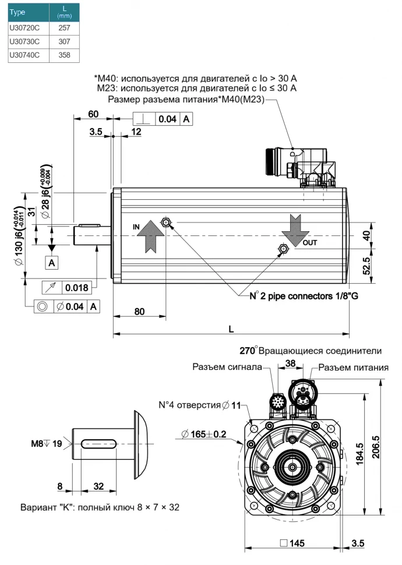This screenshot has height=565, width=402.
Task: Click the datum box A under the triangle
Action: coord(52,263)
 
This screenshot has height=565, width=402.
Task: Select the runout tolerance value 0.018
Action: coord(77,288)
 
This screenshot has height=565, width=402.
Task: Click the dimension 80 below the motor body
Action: coord(139,311)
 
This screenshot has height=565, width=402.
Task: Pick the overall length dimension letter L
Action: coord(231,329)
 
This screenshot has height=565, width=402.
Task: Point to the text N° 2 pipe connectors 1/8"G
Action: coord(304,296)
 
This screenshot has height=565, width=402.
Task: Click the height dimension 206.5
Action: coord(376,447)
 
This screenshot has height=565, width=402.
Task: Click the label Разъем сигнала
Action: coord(228,367)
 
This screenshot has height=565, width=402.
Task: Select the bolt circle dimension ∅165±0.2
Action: coord(208,434)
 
